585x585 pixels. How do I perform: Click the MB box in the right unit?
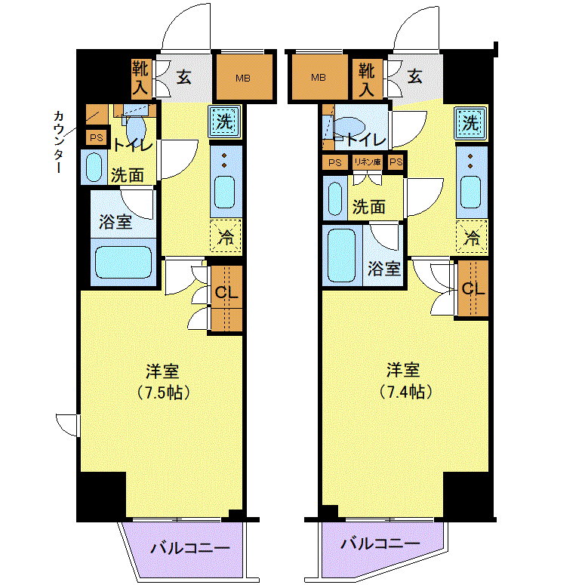[320, 77]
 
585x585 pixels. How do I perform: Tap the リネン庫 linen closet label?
[368, 162]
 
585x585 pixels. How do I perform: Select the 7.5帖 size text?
[163, 393]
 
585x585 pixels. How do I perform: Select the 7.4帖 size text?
[405, 392]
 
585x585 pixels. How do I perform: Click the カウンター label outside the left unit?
[59, 142]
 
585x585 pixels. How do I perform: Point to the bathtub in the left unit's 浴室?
[124, 263]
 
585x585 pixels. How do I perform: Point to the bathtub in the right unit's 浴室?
[341, 255]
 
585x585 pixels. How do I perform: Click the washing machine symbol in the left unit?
[225, 122]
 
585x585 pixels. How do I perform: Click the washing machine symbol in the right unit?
[470, 123]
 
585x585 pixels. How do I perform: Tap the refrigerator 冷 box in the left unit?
[226, 236]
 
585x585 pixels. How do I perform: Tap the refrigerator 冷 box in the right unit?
[472, 237]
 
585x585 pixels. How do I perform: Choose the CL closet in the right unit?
[473, 288]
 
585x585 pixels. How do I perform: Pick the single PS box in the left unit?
[97, 137]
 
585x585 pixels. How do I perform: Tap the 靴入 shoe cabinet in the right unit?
[368, 79]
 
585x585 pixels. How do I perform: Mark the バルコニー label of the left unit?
[190, 548]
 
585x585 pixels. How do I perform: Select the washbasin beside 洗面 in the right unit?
[335, 199]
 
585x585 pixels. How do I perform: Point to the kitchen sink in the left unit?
[225, 192]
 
